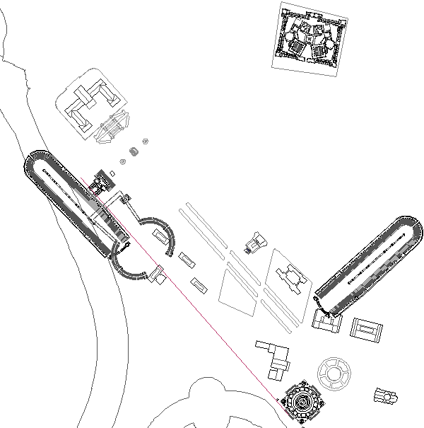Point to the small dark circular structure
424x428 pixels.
pyautogui.click(x=134, y=152)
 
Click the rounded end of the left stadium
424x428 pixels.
pyautogui.click(x=36, y=162)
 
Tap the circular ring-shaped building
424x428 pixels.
pyautogui.click(x=334, y=372)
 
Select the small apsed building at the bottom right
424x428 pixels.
pyautogui.click(x=385, y=398)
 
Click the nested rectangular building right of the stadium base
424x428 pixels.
pyautogui.click(x=367, y=330)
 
